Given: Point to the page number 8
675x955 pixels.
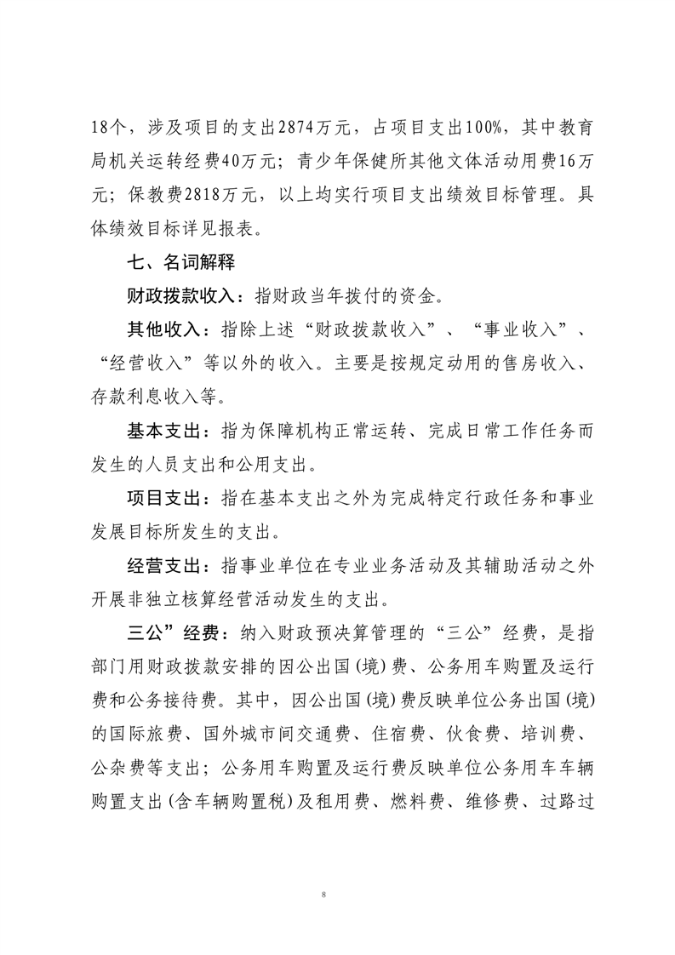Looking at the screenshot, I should click(325, 895).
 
